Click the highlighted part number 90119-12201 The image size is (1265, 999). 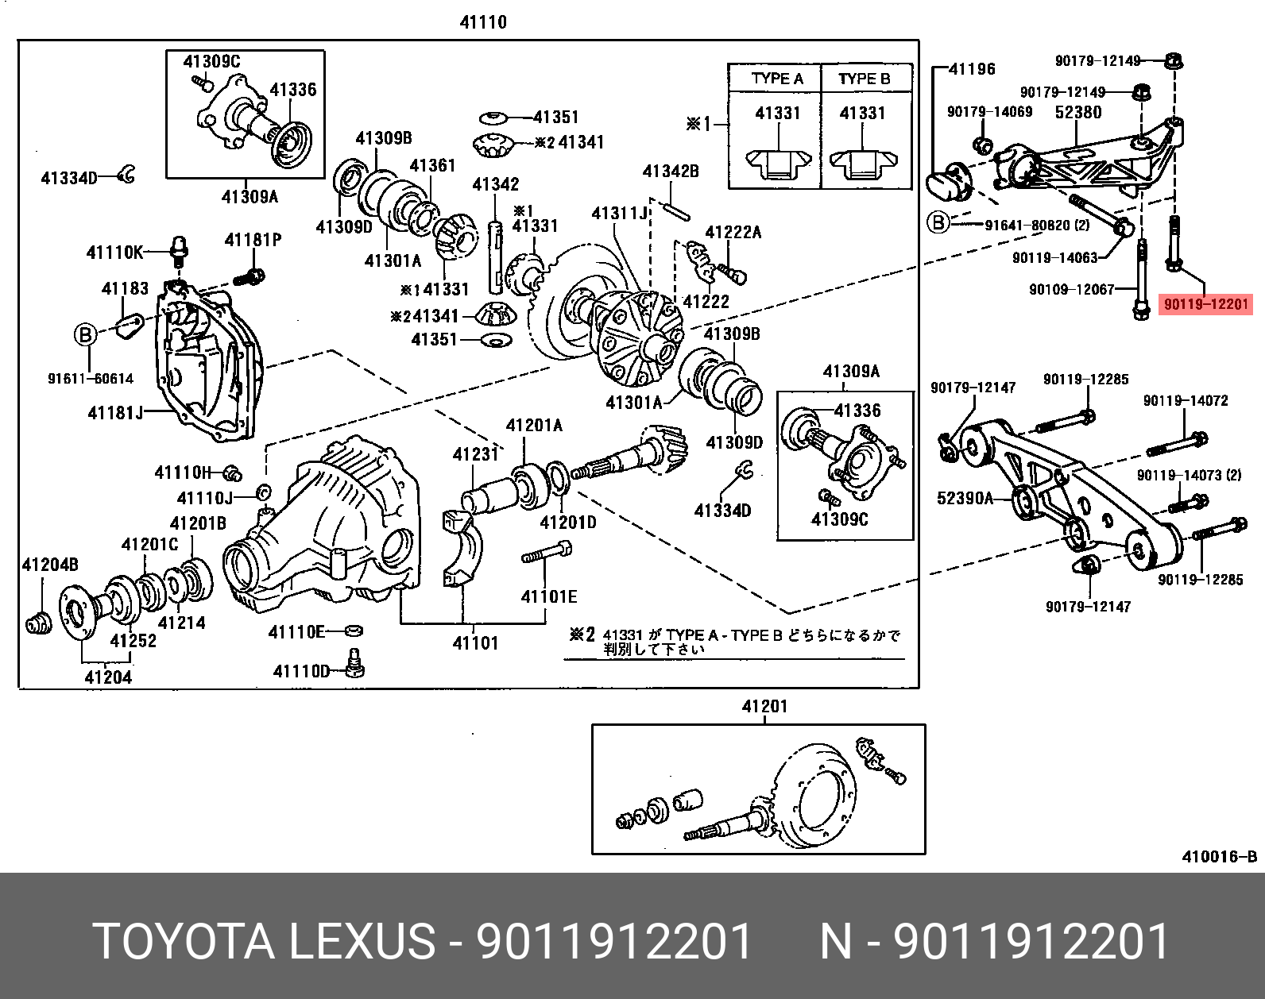1205,304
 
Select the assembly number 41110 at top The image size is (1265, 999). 483,22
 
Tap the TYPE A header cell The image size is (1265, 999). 776,79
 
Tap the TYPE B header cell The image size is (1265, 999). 864,79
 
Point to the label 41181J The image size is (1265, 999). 116,413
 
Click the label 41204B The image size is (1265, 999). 49,565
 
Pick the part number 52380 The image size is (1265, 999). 1078,113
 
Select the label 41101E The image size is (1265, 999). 549,596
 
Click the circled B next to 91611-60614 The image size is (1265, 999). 85,335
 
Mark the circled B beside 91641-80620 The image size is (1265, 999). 938,223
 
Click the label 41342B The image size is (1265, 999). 671,172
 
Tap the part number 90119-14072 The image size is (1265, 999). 1186,401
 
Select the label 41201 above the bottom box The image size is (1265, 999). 764,706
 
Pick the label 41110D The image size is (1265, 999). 301,671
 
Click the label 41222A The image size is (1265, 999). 733,232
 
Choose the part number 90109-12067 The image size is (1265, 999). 1072,290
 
